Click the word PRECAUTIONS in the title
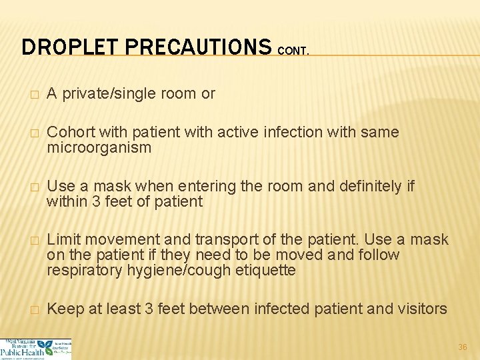coord(198,47)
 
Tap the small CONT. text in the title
coord(293,51)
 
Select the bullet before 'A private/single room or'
coord(25,95)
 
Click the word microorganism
coord(99,147)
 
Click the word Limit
coord(64,239)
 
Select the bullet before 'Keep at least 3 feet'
coord(25,309)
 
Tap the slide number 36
coord(462,347)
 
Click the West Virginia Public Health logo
coord(36,349)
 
